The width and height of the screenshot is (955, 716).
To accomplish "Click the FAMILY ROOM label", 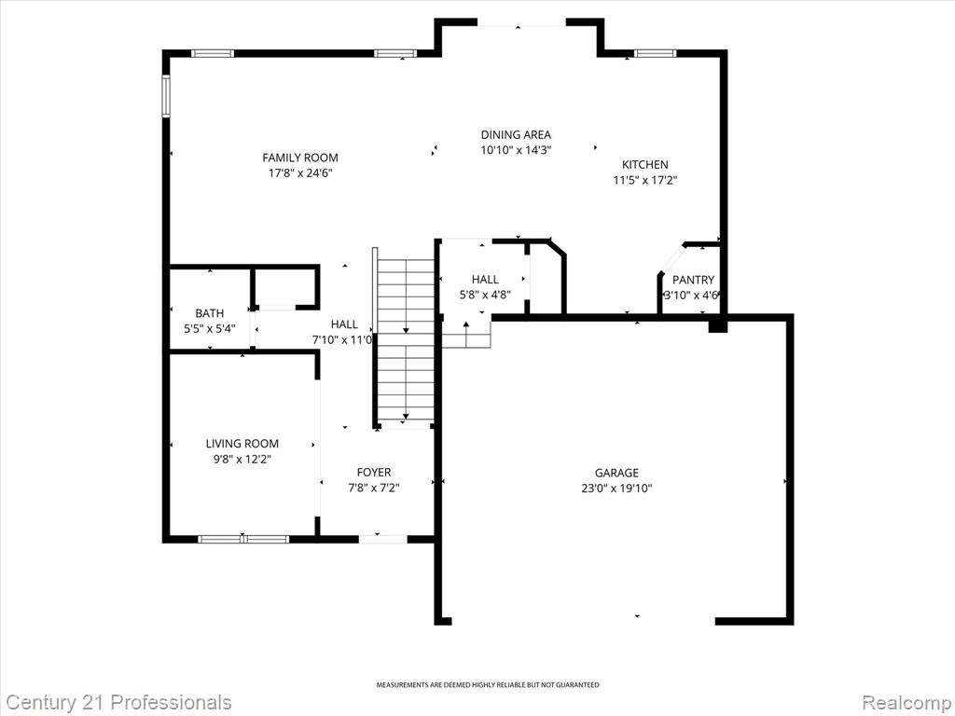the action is [x=300, y=158].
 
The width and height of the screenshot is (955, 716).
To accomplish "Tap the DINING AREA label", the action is [x=516, y=134].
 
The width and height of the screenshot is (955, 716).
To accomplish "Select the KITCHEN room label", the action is [x=645, y=164].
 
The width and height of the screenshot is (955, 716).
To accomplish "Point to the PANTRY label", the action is [x=693, y=280].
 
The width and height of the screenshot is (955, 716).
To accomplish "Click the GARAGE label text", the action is [x=617, y=473].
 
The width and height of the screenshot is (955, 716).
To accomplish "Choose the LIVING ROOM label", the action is [x=242, y=444].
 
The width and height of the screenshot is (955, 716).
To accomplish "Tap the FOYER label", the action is [x=374, y=472].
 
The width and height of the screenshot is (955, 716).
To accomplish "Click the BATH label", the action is [x=210, y=313].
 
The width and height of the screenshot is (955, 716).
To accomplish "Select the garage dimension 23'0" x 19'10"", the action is [x=617, y=488].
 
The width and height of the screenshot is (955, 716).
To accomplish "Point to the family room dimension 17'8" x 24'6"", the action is [x=300, y=172].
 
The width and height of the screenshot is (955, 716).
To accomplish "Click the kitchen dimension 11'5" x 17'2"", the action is [x=645, y=180].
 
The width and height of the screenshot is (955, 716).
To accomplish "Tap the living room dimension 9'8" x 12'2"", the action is [x=242, y=459].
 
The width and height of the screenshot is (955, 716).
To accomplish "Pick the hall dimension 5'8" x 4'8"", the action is [x=485, y=295].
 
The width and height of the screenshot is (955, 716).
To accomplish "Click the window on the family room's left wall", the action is [x=165, y=96].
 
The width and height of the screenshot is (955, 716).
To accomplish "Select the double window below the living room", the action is [x=243, y=539].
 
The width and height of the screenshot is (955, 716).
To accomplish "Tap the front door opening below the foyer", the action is [x=382, y=539].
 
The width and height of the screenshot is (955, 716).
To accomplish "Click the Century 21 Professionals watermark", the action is [x=116, y=702].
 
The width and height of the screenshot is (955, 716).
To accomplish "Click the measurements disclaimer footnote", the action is [x=487, y=685].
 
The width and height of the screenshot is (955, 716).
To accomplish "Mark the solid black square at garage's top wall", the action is [x=718, y=325].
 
